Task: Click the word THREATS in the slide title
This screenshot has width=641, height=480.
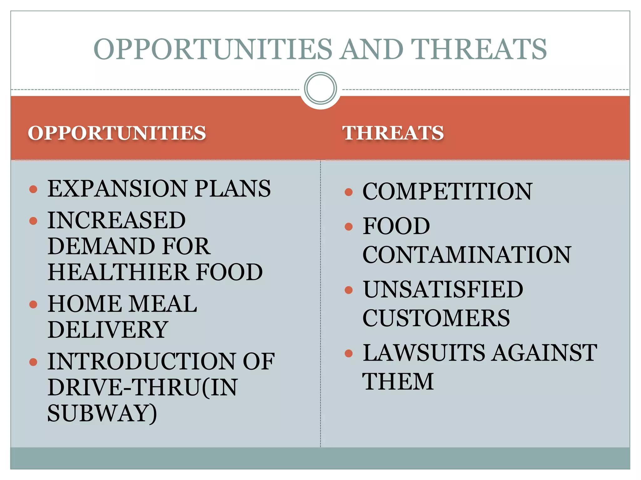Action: pos(479,49)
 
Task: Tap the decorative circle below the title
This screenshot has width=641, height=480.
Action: pos(320,88)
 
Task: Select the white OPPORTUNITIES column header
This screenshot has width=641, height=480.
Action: pos(117,133)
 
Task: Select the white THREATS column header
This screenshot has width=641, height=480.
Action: pos(393,133)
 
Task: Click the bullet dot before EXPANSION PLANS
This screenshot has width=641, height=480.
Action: pos(33,189)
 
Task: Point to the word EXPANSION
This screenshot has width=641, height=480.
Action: pos(117,189)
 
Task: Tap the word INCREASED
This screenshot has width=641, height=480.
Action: pos(116,220)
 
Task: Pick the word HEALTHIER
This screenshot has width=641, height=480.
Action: pos(118,272)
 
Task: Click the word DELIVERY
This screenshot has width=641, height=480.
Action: pos(108,330)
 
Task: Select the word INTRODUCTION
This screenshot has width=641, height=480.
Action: pos(141,362)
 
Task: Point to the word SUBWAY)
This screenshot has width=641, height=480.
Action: pos(102,413)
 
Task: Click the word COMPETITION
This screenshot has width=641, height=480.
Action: pos(447,191)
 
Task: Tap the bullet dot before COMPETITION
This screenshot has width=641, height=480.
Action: pos(348,192)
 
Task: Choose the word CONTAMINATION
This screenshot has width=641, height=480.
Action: pos(467,255)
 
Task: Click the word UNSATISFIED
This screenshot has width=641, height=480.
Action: pos(443,289)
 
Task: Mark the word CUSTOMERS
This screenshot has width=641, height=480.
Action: pos(436,318)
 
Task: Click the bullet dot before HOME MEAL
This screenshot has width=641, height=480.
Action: pos(33,304)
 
